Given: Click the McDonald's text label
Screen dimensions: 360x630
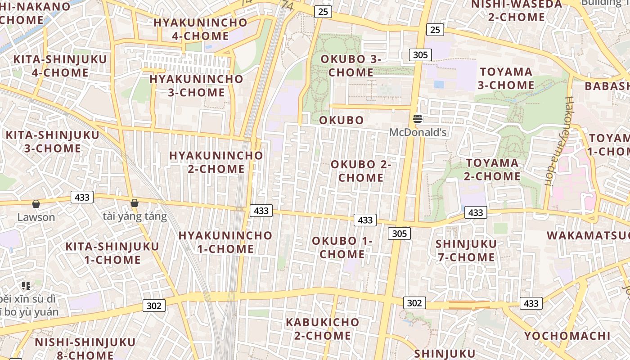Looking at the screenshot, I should pos(418,132).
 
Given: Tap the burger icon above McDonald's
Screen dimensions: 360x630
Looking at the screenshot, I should pos(418,119).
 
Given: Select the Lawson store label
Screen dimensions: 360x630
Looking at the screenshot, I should pos(36,217).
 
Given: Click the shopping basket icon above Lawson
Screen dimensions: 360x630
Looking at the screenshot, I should pos(36,204).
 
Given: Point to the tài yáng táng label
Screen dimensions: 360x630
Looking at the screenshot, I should pos(135,216).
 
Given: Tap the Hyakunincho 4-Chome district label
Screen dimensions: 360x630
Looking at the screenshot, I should pos(200,29).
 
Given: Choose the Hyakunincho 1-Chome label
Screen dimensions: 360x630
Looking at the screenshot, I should pos(225,242).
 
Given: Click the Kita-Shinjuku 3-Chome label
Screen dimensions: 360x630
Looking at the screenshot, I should pos(52,142).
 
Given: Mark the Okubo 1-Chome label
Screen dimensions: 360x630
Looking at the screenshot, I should pos(342,247).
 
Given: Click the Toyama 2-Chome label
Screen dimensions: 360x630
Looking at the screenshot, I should pos(492,170).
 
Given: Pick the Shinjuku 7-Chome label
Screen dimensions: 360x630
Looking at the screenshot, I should pos(466,251).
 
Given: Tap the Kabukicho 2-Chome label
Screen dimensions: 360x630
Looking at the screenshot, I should pos(323,329).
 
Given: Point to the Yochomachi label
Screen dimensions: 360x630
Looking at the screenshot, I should pos(567,336).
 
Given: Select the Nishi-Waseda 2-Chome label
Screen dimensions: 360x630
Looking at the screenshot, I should pos(516,11).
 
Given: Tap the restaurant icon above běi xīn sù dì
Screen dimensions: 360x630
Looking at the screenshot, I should pos(26,285).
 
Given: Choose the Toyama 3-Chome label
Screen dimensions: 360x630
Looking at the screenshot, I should pos(506,78).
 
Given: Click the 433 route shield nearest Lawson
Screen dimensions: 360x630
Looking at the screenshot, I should pos(82,197).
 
